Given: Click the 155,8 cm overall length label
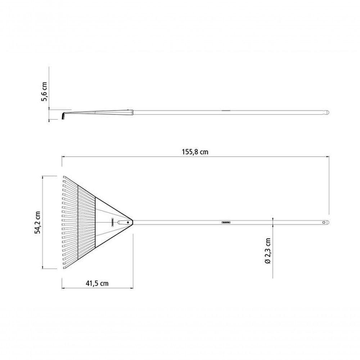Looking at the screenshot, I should tap(195, 152).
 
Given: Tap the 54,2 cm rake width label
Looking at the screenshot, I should tap(37, 222).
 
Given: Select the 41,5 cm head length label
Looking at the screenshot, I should tap(97, 283).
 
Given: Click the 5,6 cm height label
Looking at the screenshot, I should tap(44, 91).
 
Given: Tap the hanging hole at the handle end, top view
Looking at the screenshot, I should tap(325, 222).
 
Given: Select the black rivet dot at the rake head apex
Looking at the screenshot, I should tap(127, 222).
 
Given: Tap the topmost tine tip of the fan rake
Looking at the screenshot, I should tap(64, 177).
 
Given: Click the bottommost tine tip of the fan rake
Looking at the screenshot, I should tap(64, 268).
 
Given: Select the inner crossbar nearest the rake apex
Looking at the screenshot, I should tap(95, 222).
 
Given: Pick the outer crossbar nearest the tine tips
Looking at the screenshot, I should tap(78, 222).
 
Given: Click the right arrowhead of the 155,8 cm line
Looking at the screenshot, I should tap(328, 157).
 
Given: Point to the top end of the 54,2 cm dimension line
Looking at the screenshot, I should tap(43, 176).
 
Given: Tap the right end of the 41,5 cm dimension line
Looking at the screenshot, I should tap(133, 288).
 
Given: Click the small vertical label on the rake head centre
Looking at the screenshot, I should tap(112, 222).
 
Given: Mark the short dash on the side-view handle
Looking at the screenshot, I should tap(226, 111).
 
